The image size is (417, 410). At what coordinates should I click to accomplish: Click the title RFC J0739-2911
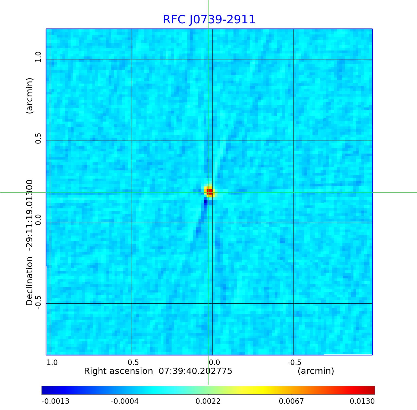tap(209, 20)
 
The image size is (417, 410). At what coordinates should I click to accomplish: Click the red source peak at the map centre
tap(209, 192)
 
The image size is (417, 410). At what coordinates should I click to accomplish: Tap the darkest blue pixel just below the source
tap(205, 202)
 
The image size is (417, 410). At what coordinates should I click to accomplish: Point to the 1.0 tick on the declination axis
tap(38, 57)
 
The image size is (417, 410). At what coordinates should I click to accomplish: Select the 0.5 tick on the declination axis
tap(38, 138)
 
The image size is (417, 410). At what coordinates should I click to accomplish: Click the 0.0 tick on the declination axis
tap(38, 220)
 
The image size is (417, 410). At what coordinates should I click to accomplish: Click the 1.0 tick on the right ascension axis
tap(52, 362)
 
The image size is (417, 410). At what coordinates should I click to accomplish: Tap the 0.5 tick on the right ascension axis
tap(133, 362)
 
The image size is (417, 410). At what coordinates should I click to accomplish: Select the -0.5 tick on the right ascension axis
tap(294, 362)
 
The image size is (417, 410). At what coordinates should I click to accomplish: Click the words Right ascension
tap(118, 371)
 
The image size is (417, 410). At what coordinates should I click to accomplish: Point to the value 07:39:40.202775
tap(195, 371)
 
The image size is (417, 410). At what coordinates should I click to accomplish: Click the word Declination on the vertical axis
tap(29, 281)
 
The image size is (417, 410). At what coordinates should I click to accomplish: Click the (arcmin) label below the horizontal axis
tap(316, 371)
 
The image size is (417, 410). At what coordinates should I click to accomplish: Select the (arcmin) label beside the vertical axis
tap(29, 96)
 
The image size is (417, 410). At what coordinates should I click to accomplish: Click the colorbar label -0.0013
tap(55, 401)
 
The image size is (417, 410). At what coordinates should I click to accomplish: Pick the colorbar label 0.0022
tap(208, 401)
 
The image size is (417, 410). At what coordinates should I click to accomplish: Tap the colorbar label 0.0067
tap(291, 401)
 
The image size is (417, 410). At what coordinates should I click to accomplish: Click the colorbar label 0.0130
tap(362, 401)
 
